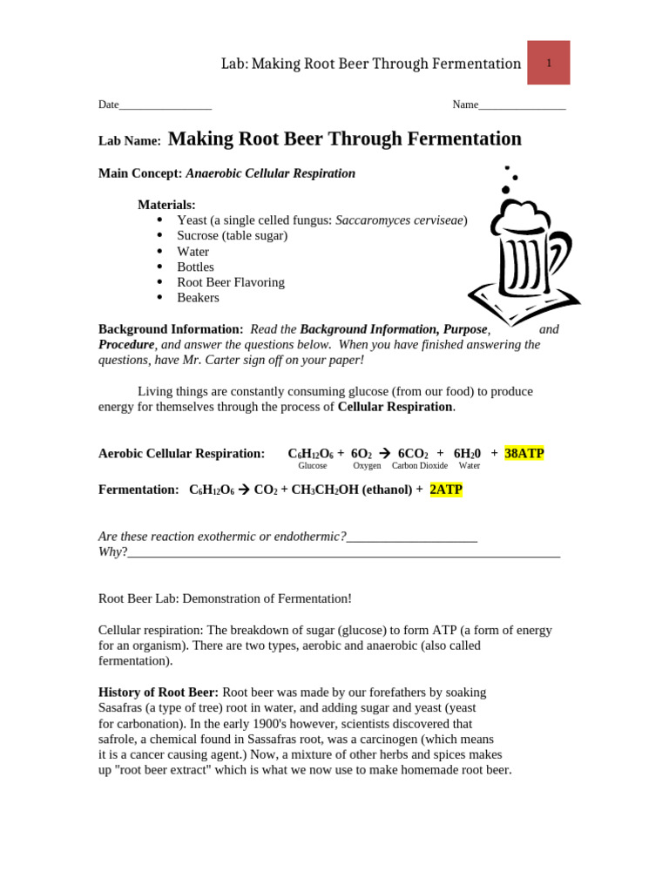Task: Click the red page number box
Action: [x=549, y=63]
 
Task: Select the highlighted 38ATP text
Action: [x=524, y=453]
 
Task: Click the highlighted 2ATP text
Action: [x=446, y=490]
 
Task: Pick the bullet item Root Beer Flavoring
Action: [x=231, y=282]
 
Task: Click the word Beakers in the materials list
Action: [x=198, y=297]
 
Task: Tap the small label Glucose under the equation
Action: [x=313, y=466]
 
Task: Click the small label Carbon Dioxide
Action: [x=420, y=466]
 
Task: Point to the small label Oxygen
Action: [x=367, y=466]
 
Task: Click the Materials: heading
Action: [x=166, y=205]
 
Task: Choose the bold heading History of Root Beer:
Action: [x=159, y=693]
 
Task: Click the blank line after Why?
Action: [x=343, y=553]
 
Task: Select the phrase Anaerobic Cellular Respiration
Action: [x=271, y=173]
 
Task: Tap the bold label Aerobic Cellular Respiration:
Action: [x=181, y=453]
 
